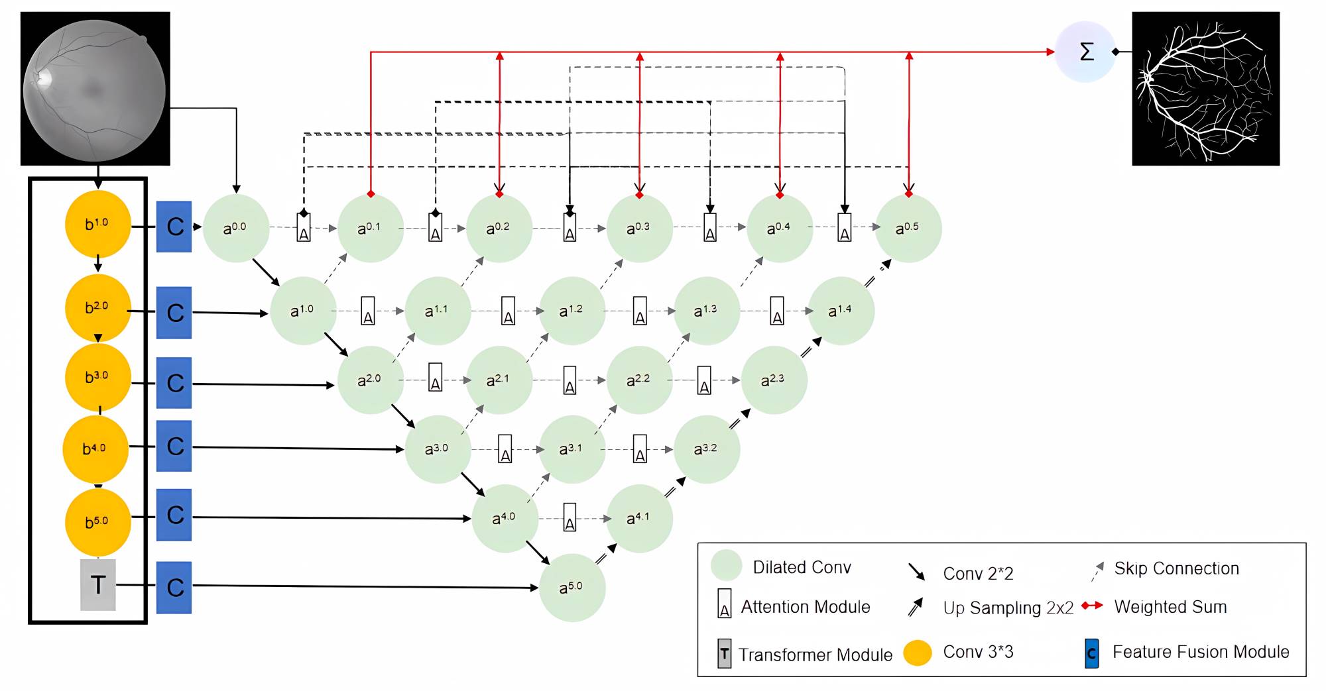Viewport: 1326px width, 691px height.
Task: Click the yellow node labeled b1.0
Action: coord(97,224)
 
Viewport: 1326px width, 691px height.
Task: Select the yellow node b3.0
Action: coord(97,376)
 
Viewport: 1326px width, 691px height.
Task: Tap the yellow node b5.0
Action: coord(97,522)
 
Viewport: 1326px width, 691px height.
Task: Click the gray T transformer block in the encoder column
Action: coord(98,584)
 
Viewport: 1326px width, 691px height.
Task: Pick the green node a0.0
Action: coord(235,227)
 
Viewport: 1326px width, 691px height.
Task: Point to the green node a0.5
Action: coord(908,228)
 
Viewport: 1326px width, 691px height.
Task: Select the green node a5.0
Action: coord(572,587)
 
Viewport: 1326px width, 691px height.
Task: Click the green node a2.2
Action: coord(639,380)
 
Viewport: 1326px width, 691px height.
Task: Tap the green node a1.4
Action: coord(841,310)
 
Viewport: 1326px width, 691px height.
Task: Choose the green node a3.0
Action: coord(438,449)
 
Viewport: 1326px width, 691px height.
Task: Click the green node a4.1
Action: coord(639,518)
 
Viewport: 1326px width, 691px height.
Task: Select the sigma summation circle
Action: coord(1086,52)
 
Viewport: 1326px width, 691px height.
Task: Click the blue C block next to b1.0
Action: coord(174,227)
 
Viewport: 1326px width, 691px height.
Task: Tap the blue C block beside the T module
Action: coord(174,587)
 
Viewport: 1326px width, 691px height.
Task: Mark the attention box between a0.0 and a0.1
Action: coord(304,228)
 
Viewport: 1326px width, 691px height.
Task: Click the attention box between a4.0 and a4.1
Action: coord(570,517)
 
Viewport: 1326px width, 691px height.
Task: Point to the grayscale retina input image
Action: coord(95,88)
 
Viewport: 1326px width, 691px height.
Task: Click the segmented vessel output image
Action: coord(1205,88)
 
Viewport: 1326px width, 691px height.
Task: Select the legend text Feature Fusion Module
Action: coord(1201,652)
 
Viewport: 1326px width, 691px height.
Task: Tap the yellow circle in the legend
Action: coord(918,653)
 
